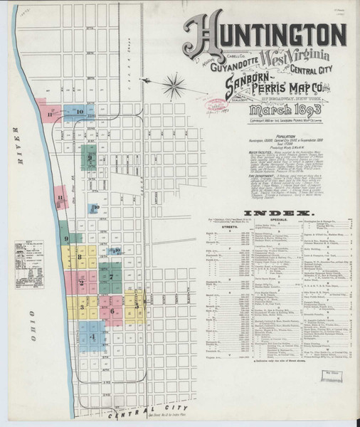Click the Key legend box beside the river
(32, 250)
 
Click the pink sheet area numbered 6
(112, 310)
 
